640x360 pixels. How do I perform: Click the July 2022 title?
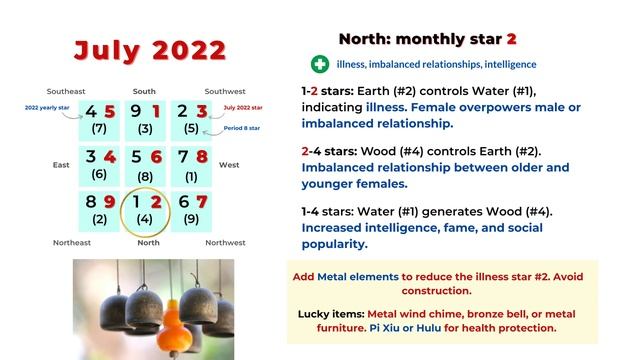pyautogui.click(x=150, y=49)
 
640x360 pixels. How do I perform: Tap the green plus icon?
pyautogui.click(x=320, y=64)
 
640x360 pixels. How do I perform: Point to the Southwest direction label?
pyautogui.click(x=225, y=91)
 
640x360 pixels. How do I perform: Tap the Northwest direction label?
pyautogui.click(x=225, y=242)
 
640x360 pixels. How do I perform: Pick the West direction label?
pyautogui.click(x=228, y=164)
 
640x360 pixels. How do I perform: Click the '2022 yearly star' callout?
pyautogui.click(x=46, y=106)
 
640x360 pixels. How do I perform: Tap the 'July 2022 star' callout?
pyautogui.click(x=245, y=106)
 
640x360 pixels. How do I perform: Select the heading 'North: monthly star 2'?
pyautogui.click(x=427, y=39)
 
